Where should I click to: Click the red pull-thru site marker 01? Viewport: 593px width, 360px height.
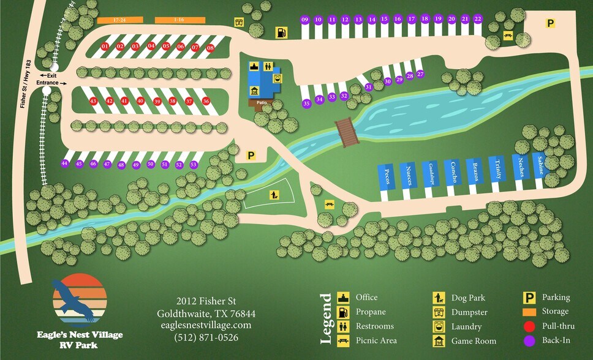105,47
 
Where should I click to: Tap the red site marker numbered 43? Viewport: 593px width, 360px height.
94,101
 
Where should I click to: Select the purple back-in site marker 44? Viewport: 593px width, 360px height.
64,163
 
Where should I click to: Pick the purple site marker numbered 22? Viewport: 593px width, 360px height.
478,20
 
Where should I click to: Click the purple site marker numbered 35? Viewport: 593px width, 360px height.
306,103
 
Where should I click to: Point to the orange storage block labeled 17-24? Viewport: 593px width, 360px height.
120,20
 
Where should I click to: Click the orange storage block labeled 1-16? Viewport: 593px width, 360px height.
179,20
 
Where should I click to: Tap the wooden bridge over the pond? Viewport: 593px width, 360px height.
347,132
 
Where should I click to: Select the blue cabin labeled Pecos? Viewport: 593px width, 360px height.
386,177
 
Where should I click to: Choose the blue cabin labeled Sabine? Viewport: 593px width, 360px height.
539,165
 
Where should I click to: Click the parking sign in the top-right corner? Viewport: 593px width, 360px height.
550,23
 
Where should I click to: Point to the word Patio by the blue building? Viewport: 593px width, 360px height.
262,102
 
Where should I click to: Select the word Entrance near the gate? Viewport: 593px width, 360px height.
47,83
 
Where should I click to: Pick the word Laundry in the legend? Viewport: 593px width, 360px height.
466,327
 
